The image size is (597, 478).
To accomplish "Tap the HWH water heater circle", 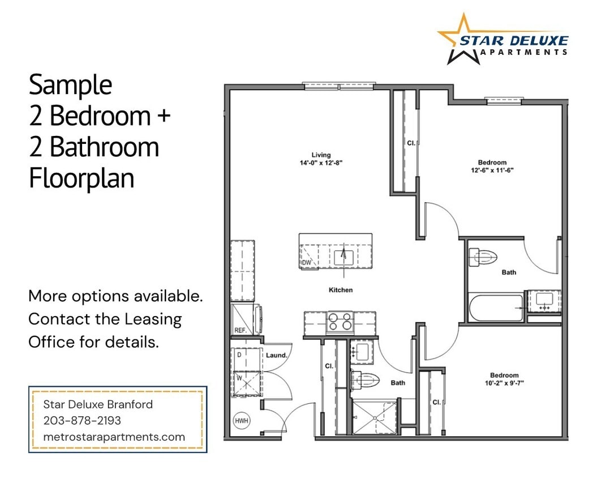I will [240, 421].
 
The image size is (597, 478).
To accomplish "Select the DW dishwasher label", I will [306, 263].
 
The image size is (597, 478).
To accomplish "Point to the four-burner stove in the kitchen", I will [339, 322].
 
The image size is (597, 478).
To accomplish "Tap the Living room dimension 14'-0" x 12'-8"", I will [321, 163].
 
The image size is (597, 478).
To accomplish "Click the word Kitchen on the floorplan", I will [341, 290].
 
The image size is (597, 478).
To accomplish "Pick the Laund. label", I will [277, 355].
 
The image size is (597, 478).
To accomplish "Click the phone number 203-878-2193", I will [82, 421].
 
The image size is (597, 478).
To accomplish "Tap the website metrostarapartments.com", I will [114, 437].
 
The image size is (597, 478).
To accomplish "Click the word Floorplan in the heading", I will [81, 178].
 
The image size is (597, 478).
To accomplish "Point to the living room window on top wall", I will [339, 86].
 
